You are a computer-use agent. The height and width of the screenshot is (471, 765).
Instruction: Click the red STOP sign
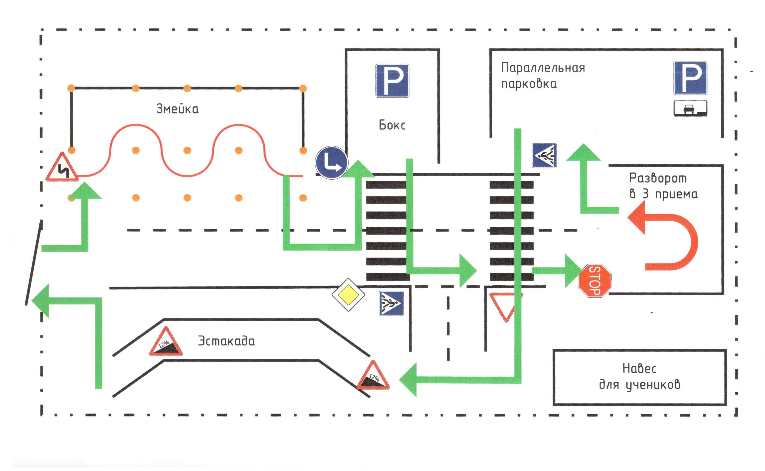(595, 280)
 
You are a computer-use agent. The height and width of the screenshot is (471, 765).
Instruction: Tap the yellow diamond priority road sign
(348, 295)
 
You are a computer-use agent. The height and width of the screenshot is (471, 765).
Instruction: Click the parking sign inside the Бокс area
(392, 81)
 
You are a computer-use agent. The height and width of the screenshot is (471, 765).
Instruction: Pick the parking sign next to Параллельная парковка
(690, 78)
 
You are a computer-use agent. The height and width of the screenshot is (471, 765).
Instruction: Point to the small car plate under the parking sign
(690, 108)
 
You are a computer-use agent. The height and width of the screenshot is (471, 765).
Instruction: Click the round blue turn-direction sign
(331, 162)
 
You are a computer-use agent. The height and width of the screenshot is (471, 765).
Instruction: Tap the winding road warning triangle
(62, 168)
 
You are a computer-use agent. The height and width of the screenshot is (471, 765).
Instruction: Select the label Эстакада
(226, 341)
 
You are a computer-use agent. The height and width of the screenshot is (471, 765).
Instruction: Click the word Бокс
(392, 125)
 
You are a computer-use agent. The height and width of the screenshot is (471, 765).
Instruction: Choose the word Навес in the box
(639, 369)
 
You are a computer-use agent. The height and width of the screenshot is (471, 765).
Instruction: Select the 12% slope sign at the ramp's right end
(373, 376)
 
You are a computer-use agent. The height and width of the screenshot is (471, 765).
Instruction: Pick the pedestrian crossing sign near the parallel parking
(544, 156)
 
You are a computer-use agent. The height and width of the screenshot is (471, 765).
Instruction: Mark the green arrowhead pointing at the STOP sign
(573, 271)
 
